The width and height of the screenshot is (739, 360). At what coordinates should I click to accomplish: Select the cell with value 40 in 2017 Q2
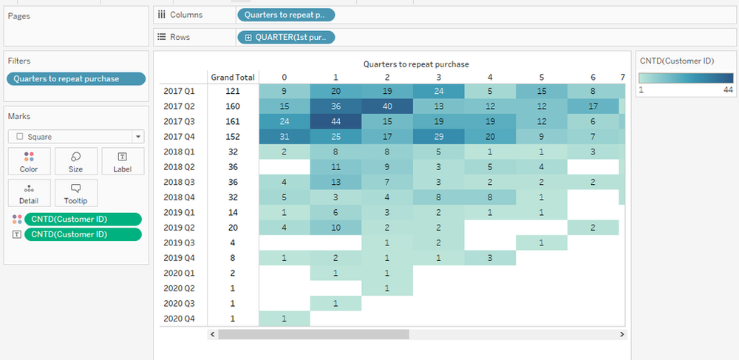[x=387, y=106]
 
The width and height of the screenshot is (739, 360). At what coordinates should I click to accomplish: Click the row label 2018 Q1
[x=180, y=152]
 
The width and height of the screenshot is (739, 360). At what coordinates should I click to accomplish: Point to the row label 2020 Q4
[x=180, y=319]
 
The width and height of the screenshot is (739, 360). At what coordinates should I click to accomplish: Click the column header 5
[x=542, y=77]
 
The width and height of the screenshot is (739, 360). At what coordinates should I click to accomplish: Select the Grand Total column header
[x=233, y=77]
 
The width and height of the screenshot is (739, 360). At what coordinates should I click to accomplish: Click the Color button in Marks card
[x=29, y=161]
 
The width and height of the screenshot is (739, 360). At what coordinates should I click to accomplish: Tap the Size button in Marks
[x=76, y=161]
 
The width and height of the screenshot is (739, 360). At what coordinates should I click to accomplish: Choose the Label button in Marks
[x=122, y=161]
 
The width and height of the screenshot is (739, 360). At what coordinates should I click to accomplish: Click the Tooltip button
[x=76, y=194]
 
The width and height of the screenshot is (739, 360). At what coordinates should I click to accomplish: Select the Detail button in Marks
[x=29, y=194]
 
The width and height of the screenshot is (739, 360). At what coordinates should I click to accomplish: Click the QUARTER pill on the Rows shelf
[x=286, y=37]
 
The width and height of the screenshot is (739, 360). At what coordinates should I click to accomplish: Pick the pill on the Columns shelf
[x=286, y=15]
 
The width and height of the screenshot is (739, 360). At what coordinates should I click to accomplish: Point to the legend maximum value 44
[x=728, y=90]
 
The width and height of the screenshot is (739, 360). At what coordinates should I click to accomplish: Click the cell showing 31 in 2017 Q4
[x=284, y=137]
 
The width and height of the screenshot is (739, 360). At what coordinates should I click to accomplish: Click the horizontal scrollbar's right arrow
[x=620, y=334]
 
